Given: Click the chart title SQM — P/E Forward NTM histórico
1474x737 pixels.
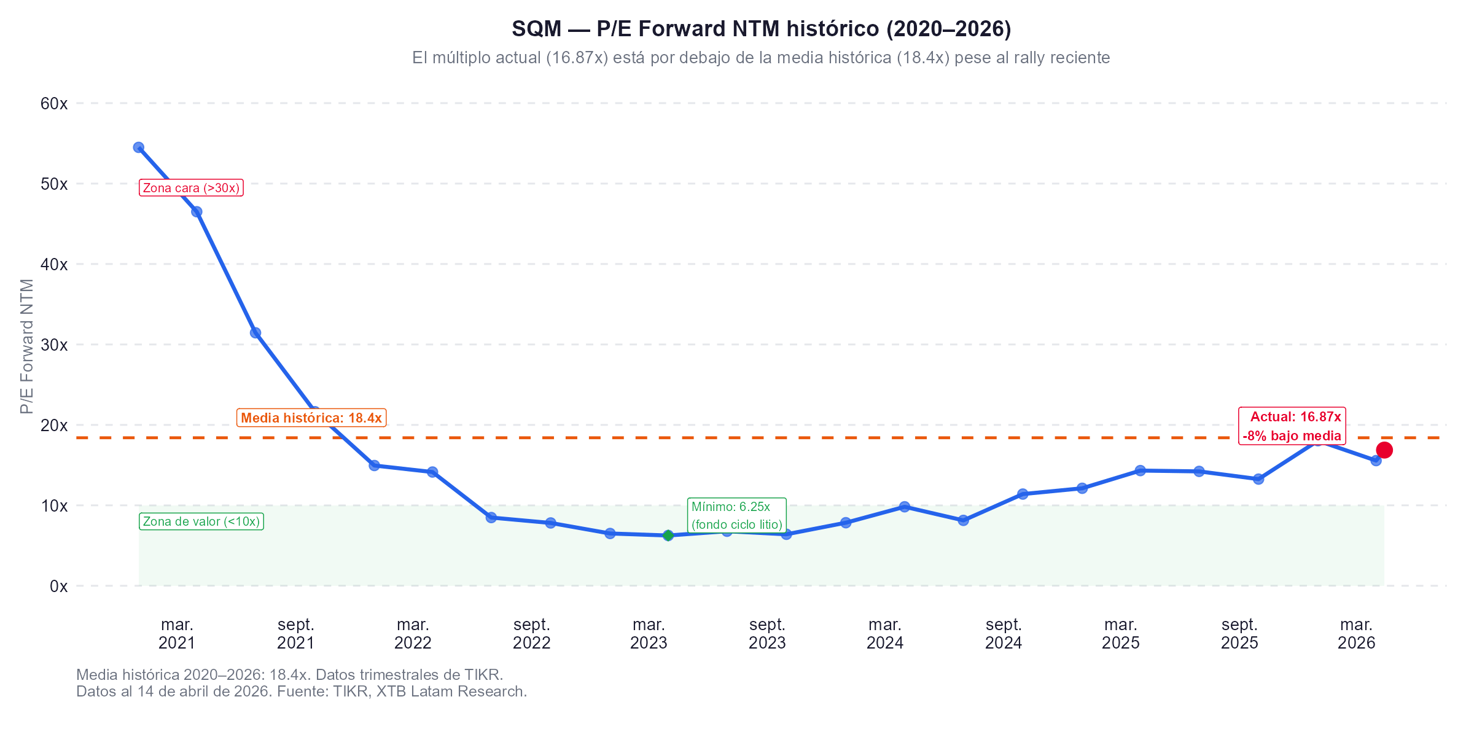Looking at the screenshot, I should pyautogui.click(x=761, y=29).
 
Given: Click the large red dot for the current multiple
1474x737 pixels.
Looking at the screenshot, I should pyautogui.click(x=1384, y=450).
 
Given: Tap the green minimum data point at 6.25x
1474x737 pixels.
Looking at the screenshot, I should pyautogui.click(x=668, y=536).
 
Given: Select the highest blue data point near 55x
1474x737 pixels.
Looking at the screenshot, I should pyautogui.click(x=139, y=147).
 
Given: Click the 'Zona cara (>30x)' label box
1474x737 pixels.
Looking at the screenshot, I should pyautogui.click(x=192, y=188).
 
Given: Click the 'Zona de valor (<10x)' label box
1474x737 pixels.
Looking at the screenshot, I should pyautogui.click(x=201, y=521).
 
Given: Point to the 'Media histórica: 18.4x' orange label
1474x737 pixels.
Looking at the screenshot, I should pyautogui.click(x=311, y=418).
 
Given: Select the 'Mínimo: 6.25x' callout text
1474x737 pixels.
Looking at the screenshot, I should pyautogui.click(x=736, y=515).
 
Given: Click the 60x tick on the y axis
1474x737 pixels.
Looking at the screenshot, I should pyautogui.click(x=54, y=103).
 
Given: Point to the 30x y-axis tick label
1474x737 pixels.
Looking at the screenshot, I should pyautogui.click(x=54, y=345).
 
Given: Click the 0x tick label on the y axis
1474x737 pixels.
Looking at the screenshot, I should pyautogui.click(x=58, y=586).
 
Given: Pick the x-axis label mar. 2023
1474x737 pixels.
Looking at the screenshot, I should pyautogui.click(x=649, y=634).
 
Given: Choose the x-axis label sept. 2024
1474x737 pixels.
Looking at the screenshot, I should pyautogui.click(x=1004, y=634).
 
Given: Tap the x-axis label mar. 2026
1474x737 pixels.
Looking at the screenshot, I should pyautogui.click(x=1356, y=634).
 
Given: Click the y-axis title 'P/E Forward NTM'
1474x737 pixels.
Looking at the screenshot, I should pyautogui.click(x=26, y=346).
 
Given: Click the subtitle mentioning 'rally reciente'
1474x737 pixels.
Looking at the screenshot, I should pyautogui.click(x=761, y=58).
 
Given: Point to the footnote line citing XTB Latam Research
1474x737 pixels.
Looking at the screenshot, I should pyautogui.click(x=302, y=692).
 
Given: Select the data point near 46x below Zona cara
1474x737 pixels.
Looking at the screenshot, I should pyautogui.click(x=197, y=212).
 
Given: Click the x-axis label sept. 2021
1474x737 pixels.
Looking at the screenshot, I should pyautogui.click(x=296, y=634).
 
